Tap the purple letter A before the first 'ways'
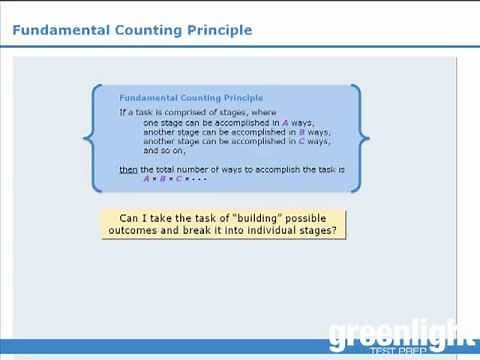[x=286, y=122]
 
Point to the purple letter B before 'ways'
[x=301, y=131]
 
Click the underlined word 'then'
[x=129, y=169]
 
